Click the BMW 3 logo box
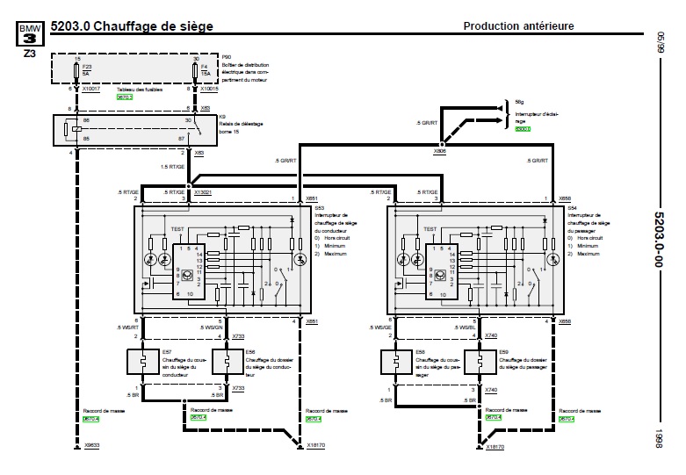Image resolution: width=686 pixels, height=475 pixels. [29, 34]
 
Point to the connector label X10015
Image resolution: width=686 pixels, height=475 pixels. [212, 89]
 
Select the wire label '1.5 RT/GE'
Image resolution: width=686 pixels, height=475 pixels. [172, 166]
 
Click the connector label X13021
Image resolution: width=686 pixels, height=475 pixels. [203, 191]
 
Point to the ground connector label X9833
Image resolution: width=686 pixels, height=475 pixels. [91, 447]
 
